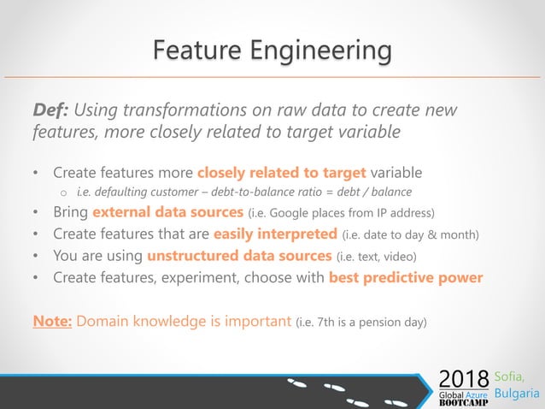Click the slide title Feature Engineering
coord(272,50)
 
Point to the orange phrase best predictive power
coord(406,277)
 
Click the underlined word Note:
coord(53,321)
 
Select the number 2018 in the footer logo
coord(464,377)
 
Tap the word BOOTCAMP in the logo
coord(464,402)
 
